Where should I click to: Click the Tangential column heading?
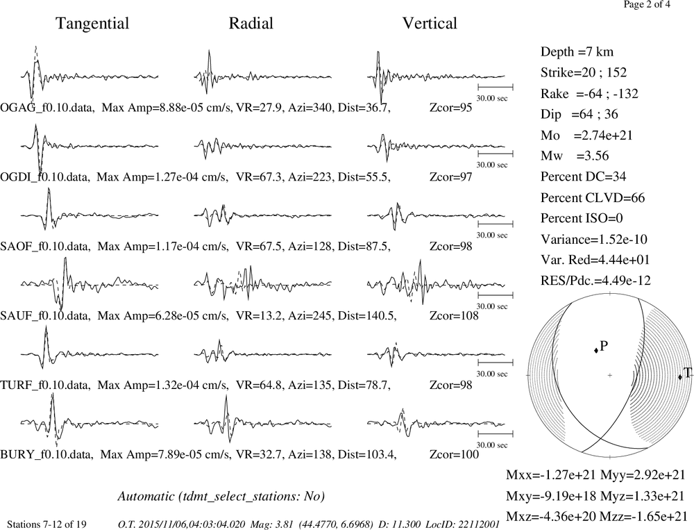click(x=92, y=24)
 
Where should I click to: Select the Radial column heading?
click(x=251, y=24)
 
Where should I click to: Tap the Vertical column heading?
click(x=430, y=24)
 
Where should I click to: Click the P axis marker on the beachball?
click(x=596, y=350)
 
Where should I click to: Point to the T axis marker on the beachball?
click(x=680, y=377)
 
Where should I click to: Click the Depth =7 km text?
click(x=577, y=52)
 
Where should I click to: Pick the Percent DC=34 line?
click(x=583, y=177)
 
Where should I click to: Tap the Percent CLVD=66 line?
click(x=593, y=198)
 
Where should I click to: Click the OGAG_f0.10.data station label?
click(x=47, y=108)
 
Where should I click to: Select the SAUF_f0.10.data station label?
click(x=46, y=315)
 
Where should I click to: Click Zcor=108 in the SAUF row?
click(x=454, y=315)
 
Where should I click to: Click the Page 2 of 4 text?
click(x=647, y=4)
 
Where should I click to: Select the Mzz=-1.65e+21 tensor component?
click(x=643, y=516)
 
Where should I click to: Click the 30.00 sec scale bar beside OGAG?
click(x=496, y=86)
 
